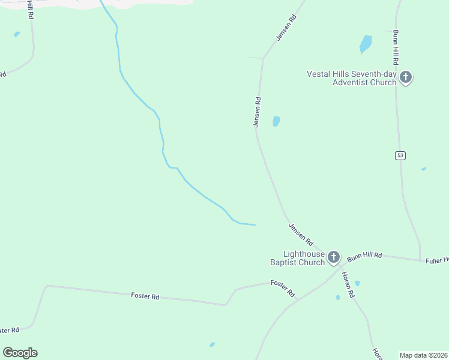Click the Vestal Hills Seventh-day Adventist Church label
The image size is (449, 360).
point(352,78)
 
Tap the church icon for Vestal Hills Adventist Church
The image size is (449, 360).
point(406,77)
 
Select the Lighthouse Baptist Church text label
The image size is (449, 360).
point(297,258)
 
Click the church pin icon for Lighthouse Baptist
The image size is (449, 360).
point(334,257)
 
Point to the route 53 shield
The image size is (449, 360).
point(400,155)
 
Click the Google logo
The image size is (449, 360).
point(20,353)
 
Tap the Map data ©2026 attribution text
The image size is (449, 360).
point(424,355)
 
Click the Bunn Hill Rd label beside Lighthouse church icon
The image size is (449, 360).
point(364,256)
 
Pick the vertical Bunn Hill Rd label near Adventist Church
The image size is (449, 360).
point(396,47)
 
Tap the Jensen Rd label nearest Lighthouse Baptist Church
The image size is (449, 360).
point(301,235)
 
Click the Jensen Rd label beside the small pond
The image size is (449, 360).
point(257,112)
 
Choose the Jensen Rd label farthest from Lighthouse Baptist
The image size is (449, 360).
point(286,28)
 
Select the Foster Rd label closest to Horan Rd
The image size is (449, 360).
point(283,289)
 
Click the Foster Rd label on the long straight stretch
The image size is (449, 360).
point(146,296)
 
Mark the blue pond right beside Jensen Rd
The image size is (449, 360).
point(276,121)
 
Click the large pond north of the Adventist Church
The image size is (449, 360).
point(365,44)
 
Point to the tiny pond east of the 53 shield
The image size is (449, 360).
point(424,169)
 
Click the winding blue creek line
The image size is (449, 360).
point(162,144)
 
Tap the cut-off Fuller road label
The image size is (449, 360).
point(437,260)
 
